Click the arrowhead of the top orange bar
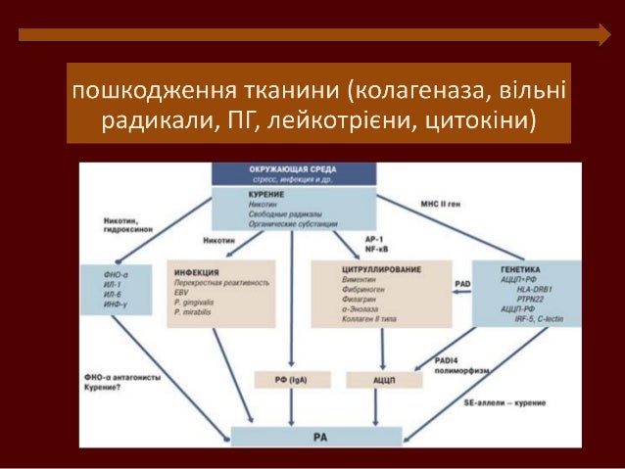point(603,35)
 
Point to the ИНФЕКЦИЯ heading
point(196,271)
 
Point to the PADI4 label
point(449,362)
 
